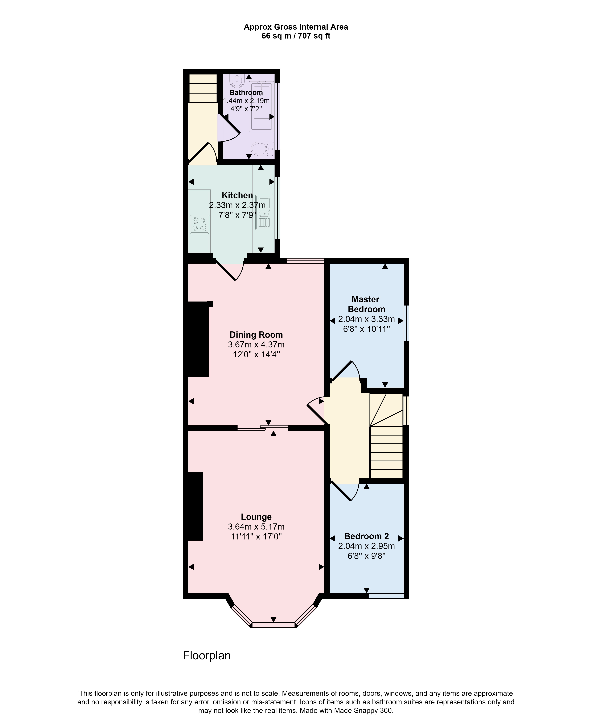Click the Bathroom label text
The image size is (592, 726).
[x=246, y=92]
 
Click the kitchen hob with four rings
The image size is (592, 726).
[x=200, y=224]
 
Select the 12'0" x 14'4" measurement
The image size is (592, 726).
[x=256, y=354]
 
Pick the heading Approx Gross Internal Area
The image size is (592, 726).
[x=296, y=27]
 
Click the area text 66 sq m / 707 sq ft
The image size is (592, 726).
[x=296, y=36]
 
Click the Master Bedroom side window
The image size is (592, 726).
[x=406, y=323]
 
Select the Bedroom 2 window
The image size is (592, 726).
[x=386, y=596]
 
